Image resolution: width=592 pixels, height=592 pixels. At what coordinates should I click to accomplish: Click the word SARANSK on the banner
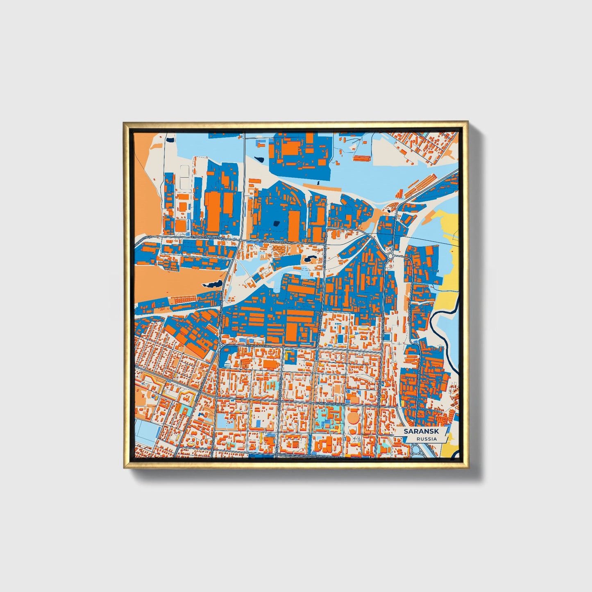(x=421, y=431)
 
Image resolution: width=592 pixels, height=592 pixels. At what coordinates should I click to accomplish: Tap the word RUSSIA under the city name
(x=426, y=439)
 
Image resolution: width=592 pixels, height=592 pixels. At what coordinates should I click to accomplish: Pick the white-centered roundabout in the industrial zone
(x=390, y=256)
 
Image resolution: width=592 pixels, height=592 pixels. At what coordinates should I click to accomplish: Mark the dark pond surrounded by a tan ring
(x=309, y=259)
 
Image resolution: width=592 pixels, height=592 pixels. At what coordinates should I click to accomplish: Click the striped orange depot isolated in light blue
(x=361, y=157)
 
